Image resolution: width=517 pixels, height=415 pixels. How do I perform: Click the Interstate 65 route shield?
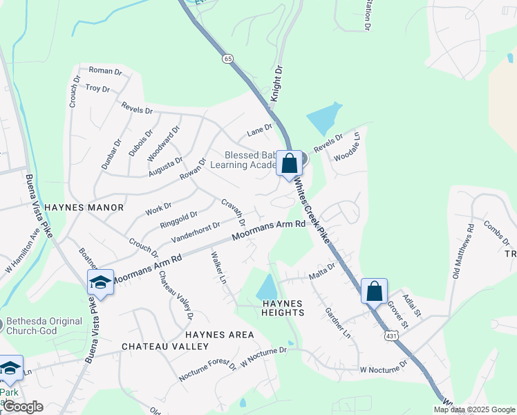(x=227, y=59)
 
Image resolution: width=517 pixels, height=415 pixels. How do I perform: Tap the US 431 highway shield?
(x=391, y=335)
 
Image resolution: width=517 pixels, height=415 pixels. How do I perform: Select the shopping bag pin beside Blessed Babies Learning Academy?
(x=290, y=164)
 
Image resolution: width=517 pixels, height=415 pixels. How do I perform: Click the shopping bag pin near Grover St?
(x=374, y=291)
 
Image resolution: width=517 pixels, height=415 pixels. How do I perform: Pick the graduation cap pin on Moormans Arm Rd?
(x=100, y=282)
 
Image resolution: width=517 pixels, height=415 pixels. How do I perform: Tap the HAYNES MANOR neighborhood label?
(x=84, y=207)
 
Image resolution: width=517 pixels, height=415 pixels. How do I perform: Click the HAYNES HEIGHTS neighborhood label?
(x=283, y=308)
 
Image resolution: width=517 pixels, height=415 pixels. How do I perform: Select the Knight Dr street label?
(x=277, y=84)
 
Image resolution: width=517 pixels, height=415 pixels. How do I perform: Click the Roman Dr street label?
(x=105, y=70)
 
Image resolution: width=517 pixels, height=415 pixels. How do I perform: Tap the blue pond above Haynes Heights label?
(x=266, y=286)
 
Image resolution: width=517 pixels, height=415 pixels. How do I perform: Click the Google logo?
(x=22, y=407)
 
